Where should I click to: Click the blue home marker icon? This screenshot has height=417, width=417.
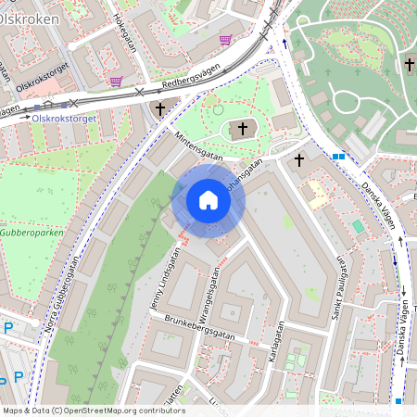208,200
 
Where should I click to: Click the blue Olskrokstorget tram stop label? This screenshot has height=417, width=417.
65,119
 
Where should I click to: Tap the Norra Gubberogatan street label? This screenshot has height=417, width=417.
63,295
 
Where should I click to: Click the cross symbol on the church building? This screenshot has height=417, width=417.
244,128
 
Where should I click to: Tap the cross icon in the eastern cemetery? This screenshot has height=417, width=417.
409,64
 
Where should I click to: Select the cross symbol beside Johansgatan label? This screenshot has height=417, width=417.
298,160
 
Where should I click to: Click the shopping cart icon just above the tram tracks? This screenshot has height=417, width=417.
116,82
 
